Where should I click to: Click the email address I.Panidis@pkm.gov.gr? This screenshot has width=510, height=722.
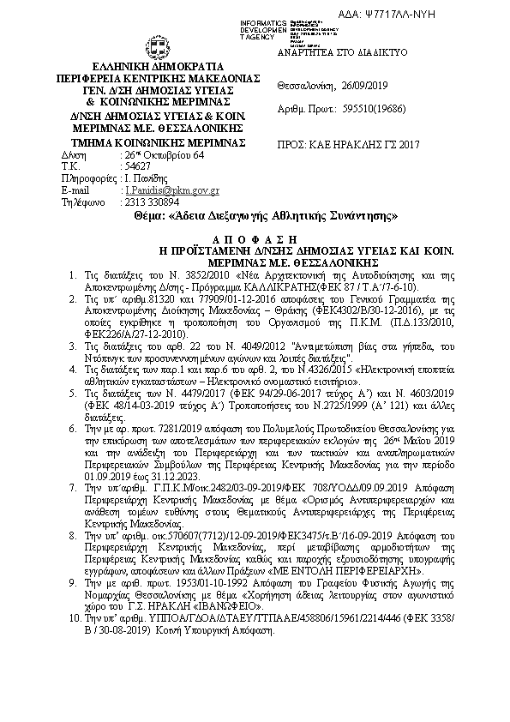pyautogui.click(x=171, y=190)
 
